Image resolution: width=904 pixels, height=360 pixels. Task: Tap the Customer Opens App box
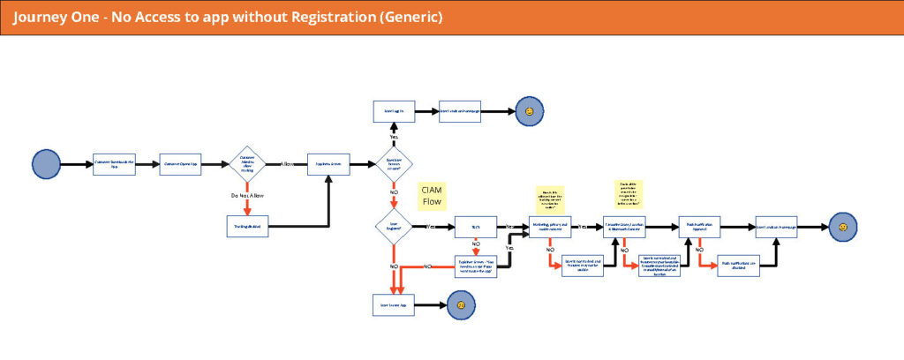[x=182, y=164]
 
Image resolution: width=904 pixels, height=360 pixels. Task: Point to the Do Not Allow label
[x=246, y=194]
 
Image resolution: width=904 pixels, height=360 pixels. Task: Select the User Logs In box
[x=393, y=112]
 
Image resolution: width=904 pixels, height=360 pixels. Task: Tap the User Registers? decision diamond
[x=394, y=227]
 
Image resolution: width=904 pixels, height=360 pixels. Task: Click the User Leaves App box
[x=393, y=304]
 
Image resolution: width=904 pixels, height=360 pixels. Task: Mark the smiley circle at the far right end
[x=843, y=227]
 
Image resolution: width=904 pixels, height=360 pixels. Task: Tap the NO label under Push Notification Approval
[x=699, y=251]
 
